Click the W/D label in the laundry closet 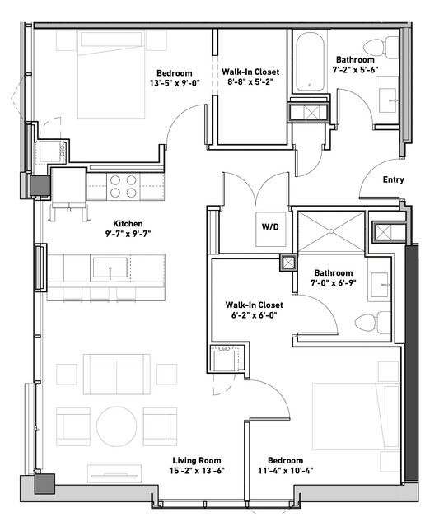[270, 227]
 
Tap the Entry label [394, 179]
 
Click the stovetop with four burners [124, 186]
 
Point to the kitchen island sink [110, 268]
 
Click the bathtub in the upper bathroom [310, 62]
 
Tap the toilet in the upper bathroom [381, 47]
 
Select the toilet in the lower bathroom [372, 323]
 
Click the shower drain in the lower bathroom [331, 231]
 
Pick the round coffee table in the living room [117, 426]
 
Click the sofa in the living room [117, 374]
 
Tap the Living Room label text [197, 461]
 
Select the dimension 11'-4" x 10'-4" [286, 471]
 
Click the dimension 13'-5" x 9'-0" [175, 83]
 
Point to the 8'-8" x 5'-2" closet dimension [250, 81]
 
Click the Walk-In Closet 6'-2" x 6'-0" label [254, 310]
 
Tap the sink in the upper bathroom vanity [388, 100]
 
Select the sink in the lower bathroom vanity [380, 285]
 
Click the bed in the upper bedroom [111, 74]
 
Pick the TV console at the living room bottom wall [114, 473]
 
